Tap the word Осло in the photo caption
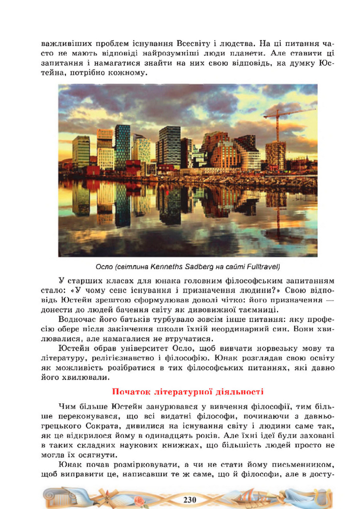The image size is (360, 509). (x=105, y=267)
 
